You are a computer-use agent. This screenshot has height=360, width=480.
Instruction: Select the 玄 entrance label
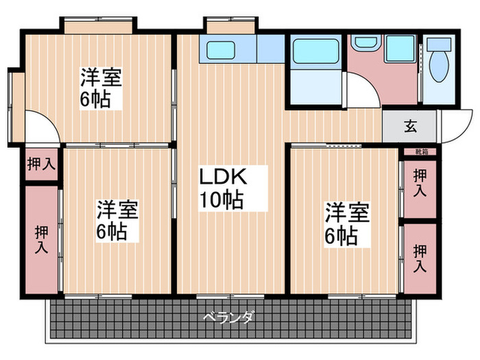click(410, 126)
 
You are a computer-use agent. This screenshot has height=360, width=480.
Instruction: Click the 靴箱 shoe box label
click(419, 150)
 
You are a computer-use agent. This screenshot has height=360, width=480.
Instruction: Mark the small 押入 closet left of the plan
click(41, 164)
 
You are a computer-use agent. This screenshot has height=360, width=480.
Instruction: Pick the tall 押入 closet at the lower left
click(41, 239)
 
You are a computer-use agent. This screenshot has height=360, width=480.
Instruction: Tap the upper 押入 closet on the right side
click(419, 182)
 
